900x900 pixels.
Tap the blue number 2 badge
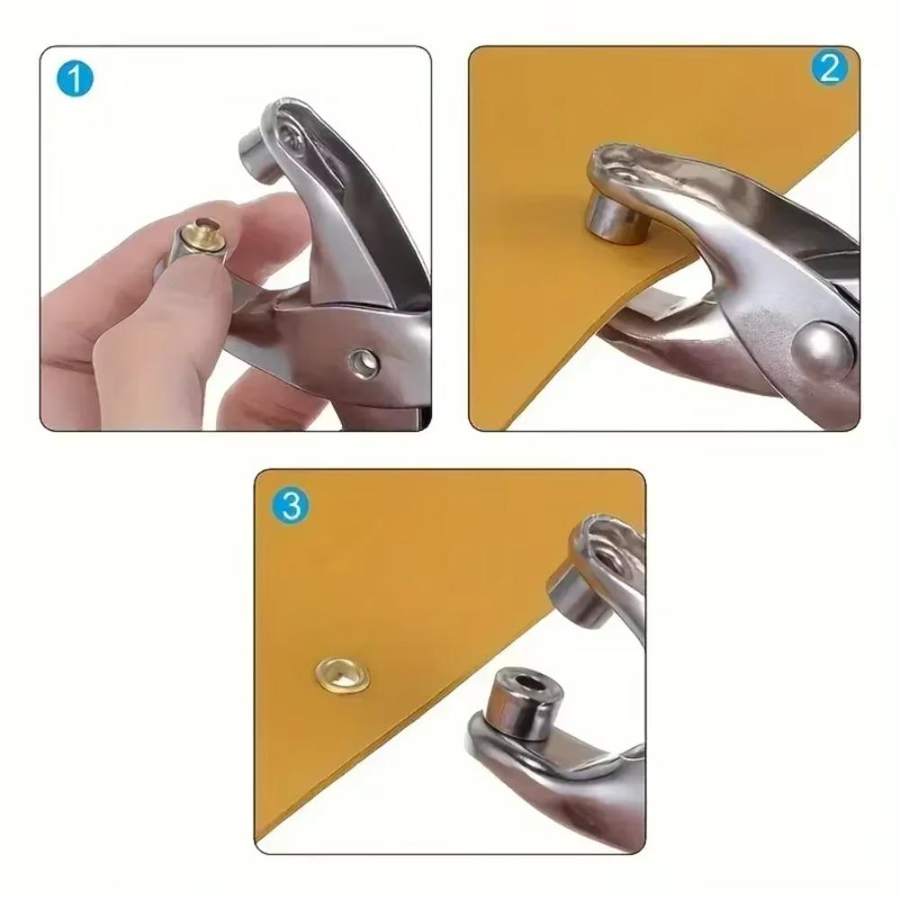pos(828,69)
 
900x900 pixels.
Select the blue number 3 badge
pos(290,505)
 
